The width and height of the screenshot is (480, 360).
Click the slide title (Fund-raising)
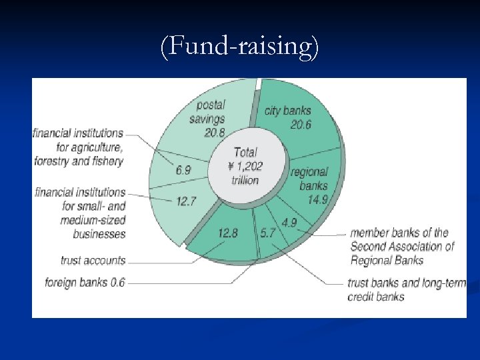pyautogui.click(x=240, y=47)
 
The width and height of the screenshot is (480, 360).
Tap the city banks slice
pyautogui.click(x=300, y=127)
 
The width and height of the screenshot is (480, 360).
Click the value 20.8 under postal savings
pyautogui.click(x=215, y=133)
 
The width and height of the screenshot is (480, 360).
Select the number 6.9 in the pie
pyautogui.click(x=183, y=170)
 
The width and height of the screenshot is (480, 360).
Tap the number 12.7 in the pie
pyautogui.click(x=186, y=200)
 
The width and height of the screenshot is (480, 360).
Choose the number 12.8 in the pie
pyautogui.click(x=228, y=233)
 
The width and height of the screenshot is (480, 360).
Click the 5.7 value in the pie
pyautogui.click(x=267, y=233)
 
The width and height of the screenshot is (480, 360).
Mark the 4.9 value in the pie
pyautogui.click(x=289, y=222)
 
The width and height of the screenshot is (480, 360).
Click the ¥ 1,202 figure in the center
pyautogui.click(x=245, y=166)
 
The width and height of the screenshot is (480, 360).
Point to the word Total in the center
pyautogui.click(x=245, y=152)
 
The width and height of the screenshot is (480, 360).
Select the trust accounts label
pyautogui.click(x=93, y=260)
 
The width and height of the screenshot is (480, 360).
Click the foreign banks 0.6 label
pyautogui.click(x=85, y=283)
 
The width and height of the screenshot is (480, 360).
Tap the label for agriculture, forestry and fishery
pyautogui.click(x=79, y=147)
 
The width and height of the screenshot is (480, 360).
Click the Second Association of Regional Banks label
pyautogui.click(x=402, y=247)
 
